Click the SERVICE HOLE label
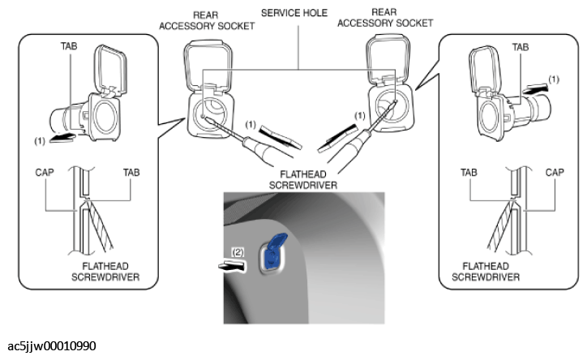click(x=294, y=13)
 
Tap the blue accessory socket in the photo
click(x=274, y=251)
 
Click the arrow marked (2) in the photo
click(x=232, y=266)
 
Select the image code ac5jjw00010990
click(x=52, y=345)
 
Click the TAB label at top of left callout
click(x=69, y=46)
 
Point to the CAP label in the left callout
click(x=45, y=173)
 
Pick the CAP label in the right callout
click(x=555, y=173)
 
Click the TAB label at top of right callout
click(x=521, y=47)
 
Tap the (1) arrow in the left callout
click(x=62, y=138)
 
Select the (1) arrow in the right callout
click(x=535, y=89)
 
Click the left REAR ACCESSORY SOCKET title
click(x=207, y=20)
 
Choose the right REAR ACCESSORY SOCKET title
click(x=385, y=18)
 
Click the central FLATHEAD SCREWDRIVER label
click(x=303, y=180)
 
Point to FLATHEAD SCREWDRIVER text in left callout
click(x=105, y=272)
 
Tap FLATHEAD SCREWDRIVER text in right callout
click(x=486, y=272)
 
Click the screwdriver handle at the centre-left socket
click(x=260, y=150)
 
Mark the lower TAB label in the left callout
click(x=131, y=173)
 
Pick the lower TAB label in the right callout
click(x=469, y=173)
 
